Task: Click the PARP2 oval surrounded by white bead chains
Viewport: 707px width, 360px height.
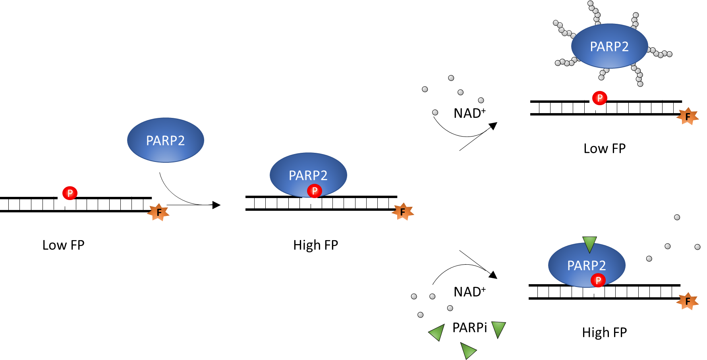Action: point(609,46)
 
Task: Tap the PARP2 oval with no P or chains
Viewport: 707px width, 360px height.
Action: point(166,140)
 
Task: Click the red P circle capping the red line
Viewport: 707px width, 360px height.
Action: point(599,98)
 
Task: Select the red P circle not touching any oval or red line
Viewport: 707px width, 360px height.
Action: point(70,193)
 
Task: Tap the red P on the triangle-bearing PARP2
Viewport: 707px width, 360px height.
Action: point(598,280)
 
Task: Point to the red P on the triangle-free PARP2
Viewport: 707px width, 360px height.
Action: point(314,191)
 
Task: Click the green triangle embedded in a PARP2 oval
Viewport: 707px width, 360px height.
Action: point(589,244)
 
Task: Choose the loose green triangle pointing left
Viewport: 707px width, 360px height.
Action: point(437,332)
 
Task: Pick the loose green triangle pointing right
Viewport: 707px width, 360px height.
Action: point(467,350)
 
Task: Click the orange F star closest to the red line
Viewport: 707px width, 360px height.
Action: point(688,116)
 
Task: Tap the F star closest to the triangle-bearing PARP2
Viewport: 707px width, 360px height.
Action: point(688,301)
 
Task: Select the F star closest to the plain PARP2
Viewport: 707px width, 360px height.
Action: point(158,212)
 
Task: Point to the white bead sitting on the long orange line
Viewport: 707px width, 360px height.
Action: point(450,308)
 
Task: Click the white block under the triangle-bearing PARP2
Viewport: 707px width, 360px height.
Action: point(593,292)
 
